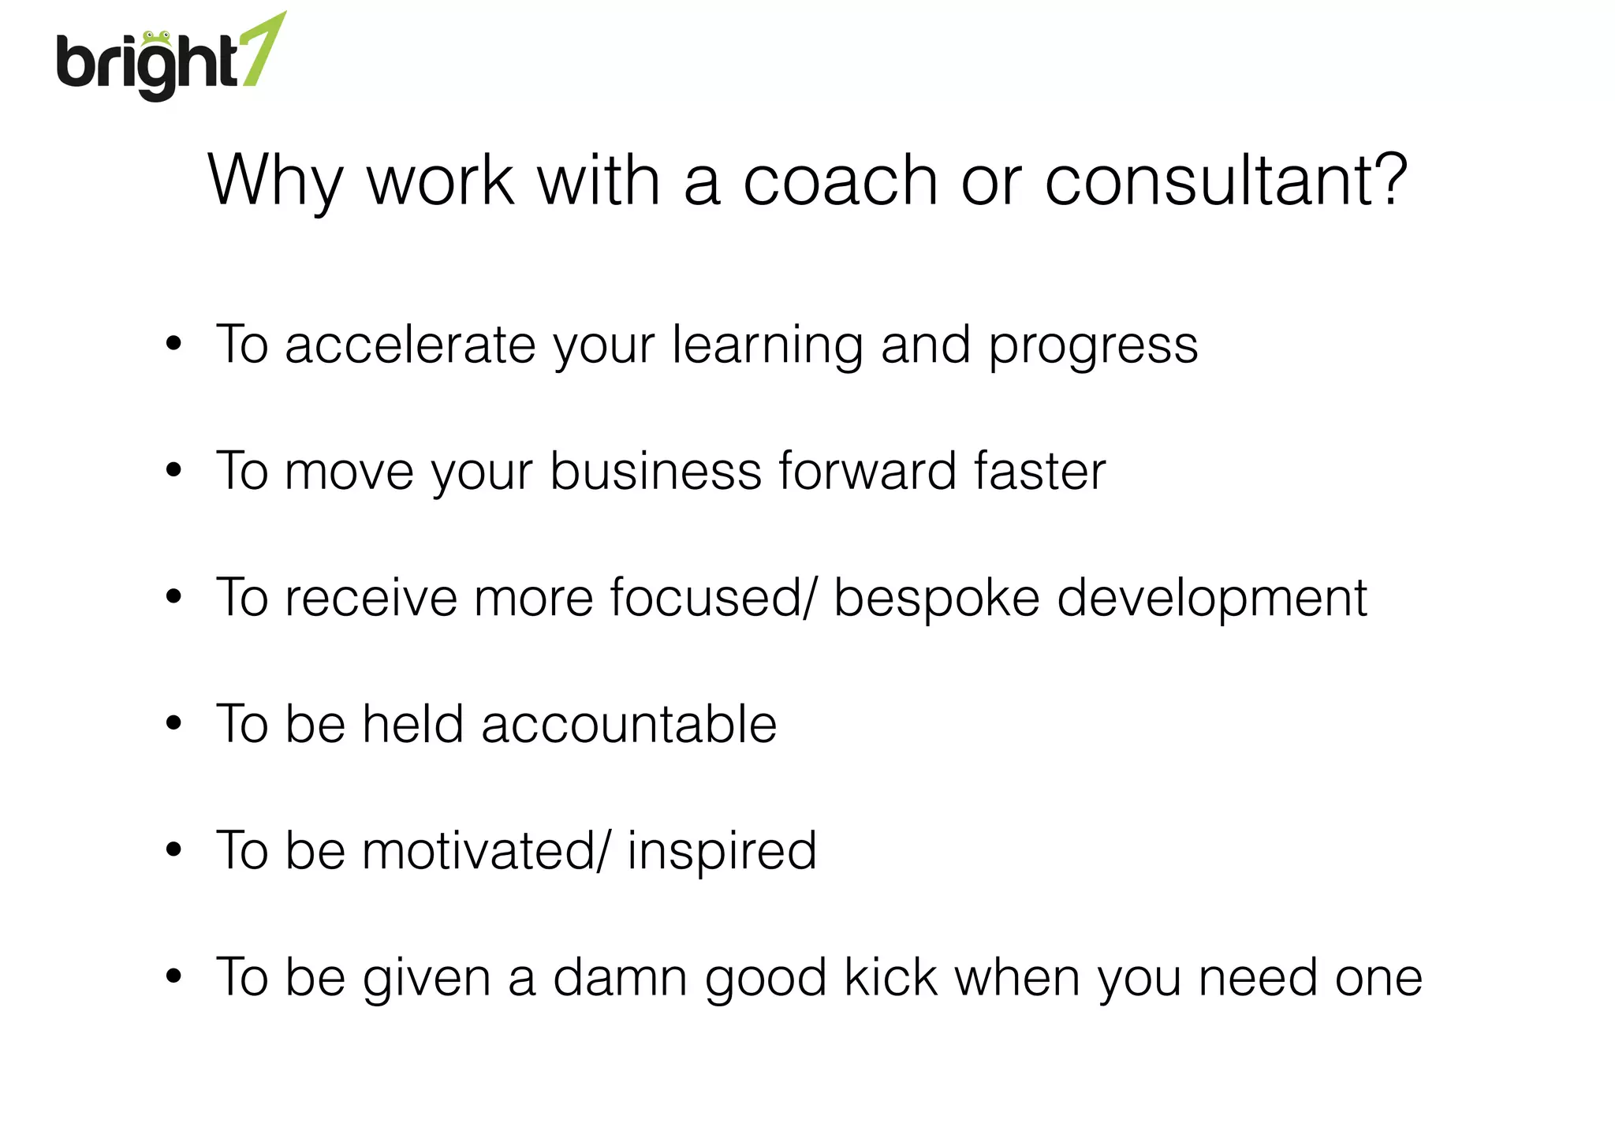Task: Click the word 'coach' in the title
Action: (841, 181)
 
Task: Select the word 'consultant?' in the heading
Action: (1225, 181)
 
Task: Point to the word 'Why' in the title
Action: (275, 181)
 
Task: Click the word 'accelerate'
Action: (410, 345)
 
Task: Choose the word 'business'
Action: (655, 471)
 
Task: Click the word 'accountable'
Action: (628, 724)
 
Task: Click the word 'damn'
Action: (620, 977)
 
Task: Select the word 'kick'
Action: (890, 977)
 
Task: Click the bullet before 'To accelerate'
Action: (173, 345)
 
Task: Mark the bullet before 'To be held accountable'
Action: (173, 723)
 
